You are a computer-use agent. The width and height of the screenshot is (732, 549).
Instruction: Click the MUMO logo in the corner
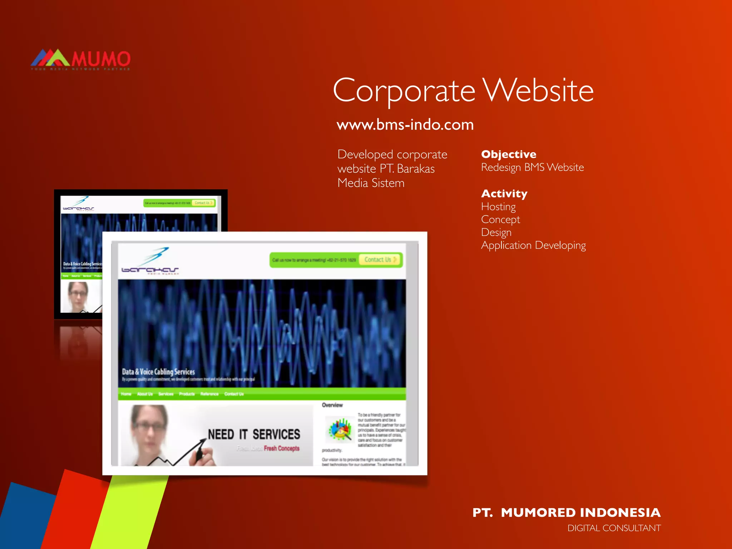click(x=81, y=59)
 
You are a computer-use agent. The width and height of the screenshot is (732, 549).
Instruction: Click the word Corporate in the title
click(x=404, y=91)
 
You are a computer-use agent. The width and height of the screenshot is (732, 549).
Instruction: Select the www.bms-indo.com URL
click(x=405, y=125)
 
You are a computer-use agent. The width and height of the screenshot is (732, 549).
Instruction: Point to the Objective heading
click(x=508, y=154)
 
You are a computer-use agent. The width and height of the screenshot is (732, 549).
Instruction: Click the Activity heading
click(x=504, y=193)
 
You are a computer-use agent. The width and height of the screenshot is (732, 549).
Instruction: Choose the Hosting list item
click(x=498, y=207)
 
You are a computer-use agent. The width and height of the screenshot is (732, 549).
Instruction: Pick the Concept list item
click(x=500, y=219)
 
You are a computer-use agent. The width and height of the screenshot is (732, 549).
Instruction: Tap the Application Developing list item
click(x=533, y=245)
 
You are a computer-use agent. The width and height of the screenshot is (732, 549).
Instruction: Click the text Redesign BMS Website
click(x=532, y=167)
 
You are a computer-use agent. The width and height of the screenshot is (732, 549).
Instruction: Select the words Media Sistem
click(x=371, y=183)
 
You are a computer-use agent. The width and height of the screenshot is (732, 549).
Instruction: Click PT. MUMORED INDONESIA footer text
click(x=566, y=512)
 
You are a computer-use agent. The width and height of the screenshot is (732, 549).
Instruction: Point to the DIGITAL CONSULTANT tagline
click(x=614, y=528)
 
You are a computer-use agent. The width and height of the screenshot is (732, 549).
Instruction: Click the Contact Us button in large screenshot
click(x=380, y=259)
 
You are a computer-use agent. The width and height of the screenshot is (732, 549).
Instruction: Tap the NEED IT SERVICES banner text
click(x=254, y=434)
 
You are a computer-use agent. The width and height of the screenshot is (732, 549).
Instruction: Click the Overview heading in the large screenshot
click(x=332, y=405)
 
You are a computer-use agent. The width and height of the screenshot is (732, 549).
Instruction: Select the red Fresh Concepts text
click(x=282, y=448)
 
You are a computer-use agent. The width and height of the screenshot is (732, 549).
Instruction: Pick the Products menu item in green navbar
click(x=187, y=394)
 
